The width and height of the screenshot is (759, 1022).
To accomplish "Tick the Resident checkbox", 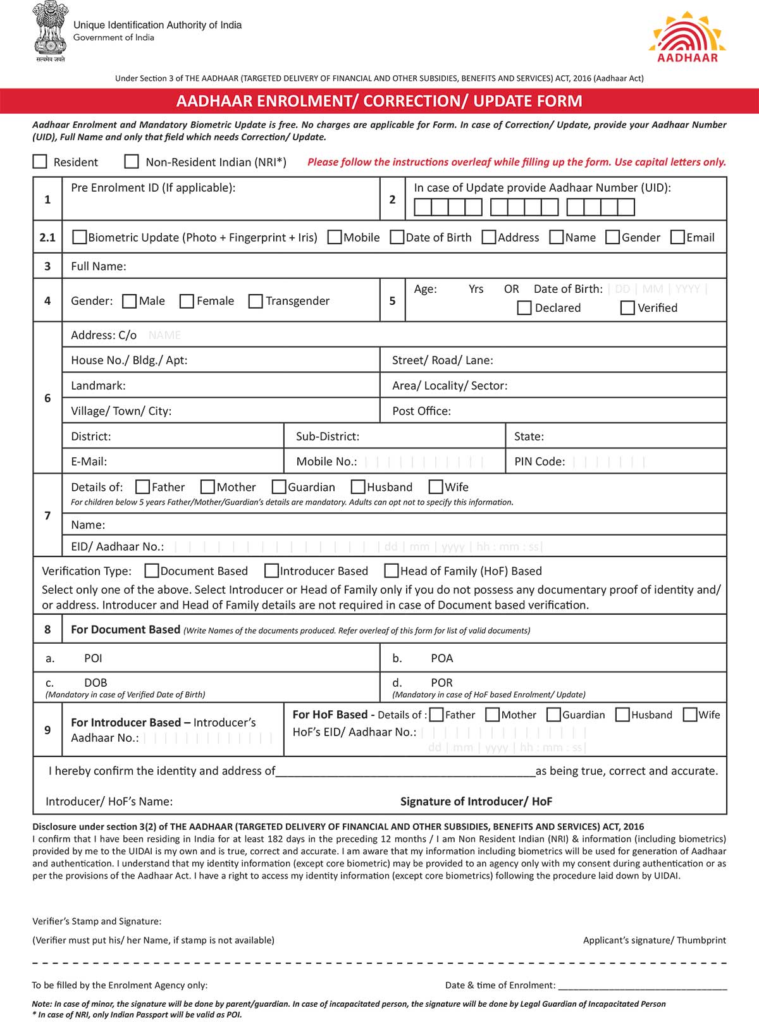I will tap(40, 161).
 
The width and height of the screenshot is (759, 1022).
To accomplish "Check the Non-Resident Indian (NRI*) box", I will tap(132, 161).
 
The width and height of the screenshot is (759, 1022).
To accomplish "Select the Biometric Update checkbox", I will tap(80, 237).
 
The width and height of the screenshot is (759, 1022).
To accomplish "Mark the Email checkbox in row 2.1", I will tap(677, 237).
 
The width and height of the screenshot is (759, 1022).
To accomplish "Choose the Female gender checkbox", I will tap(187, 301).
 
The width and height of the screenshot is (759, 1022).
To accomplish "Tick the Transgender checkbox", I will tap(256, 301).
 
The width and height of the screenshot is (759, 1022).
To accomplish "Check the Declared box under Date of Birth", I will tap(524, 308).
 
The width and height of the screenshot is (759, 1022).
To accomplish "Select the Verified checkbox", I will tap(627, 308).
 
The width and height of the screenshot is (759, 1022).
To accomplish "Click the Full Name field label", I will tap(99, 266).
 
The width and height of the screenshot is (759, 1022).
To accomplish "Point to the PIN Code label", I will tap(540, 462).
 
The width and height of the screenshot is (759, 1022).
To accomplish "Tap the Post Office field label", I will tap(421, 411).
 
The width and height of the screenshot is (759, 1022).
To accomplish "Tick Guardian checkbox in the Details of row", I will tap(279, 487).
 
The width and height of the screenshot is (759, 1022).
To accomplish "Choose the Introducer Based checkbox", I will tap(271, 571).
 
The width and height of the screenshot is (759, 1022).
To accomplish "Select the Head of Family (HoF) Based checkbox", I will tap(392, 571).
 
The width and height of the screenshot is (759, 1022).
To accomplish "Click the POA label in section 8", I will tap(441, 658).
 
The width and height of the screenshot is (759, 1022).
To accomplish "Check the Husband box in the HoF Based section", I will tap(622, 715).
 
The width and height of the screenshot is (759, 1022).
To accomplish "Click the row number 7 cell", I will tap(47, 515).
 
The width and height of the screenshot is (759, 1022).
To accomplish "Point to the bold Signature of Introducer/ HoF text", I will tap(476, 801).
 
